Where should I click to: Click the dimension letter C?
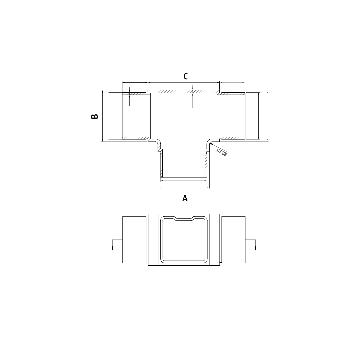click(x=186, y=76)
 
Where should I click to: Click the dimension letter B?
click(x=95, y=116)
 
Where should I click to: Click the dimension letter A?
click(x=185, y=198)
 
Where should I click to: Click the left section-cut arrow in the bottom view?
click(x=113, y=247)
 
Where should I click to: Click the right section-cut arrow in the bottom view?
click(x=255, y=247)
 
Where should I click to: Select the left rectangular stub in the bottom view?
click(x=134, y=240)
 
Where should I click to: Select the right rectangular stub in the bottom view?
click(x=233, y=240)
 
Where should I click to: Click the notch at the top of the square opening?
click(x=184, y=219)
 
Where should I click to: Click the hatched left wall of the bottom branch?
click(x=160, y=163)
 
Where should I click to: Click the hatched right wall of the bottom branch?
click(x=206, y=163)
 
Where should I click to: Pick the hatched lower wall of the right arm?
click(x=232, y=137)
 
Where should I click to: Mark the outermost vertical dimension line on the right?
click(x=267, y=116)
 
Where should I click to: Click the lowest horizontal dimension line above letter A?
click(x=184, y=187)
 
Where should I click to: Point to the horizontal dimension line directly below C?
click(x=184, y=82)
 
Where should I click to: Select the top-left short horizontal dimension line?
click(x=135, y=82)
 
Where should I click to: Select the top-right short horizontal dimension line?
click(x=232, y=82)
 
